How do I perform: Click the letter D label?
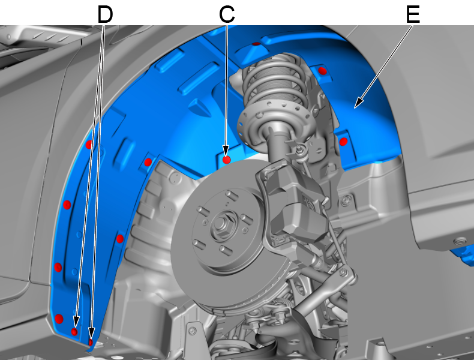coord(105,14)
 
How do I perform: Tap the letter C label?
coord(227,14)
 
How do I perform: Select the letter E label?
coord(413,14)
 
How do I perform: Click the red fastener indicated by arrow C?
coord(227,160)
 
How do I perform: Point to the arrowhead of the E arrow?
coord(358,103)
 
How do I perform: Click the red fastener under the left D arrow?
coord(74,332)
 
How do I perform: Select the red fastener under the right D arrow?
coord(91,342)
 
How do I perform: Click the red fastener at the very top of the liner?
coord(256,44)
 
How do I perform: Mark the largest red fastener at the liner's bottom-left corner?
coord(59,319)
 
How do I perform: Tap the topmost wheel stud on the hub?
coord(231,194)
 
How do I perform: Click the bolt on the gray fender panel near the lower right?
coord(460,241)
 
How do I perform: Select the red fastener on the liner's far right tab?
coord(343,142)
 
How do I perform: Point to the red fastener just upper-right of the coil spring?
coord(323,71)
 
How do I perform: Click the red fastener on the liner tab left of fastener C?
coord(148,163)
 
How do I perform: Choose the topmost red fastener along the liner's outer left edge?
coord(89,145)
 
